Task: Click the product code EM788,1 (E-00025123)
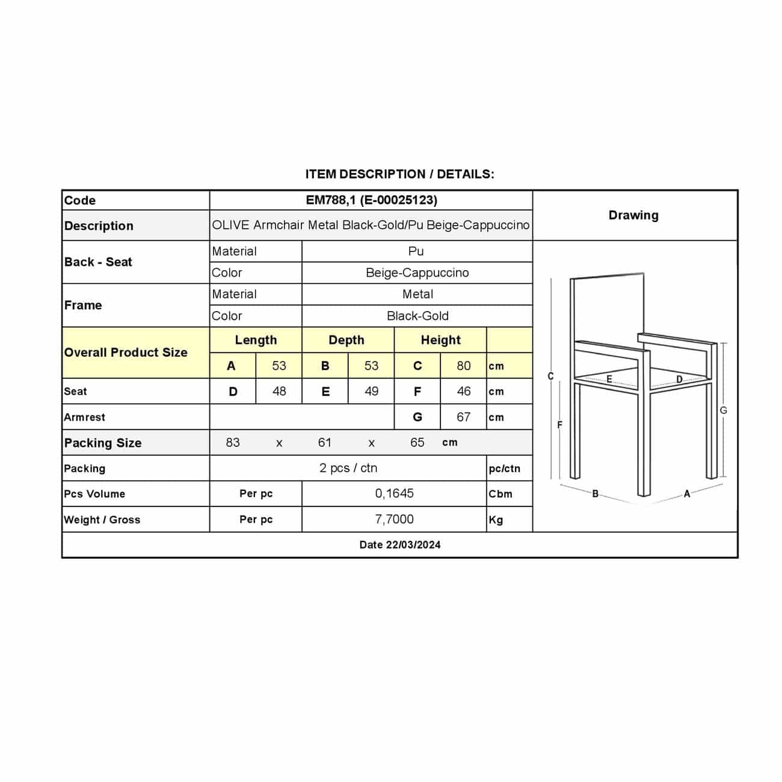(x=371, y=200)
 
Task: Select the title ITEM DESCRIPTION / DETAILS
(x=399, y=174)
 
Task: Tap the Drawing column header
(x=633, y=215)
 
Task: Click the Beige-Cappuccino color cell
(x=417, y=272)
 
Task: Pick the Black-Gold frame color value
(x=417, y=316)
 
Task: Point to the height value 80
(x=463, y=366)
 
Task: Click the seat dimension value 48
(x=279, y=392)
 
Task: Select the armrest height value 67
(x=463, y=417)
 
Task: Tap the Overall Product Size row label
(x=126, y=353)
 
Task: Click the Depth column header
(x=346, y=340)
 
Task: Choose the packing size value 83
(x=233, y=443)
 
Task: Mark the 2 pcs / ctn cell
(x=348, y=468)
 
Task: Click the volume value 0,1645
(x=394, y=493)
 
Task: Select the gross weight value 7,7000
(x=394, y=519)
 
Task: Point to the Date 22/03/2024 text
(x=400, y=545)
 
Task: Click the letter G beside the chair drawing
(x=723, y=410)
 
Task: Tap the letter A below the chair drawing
(x=687, y=494)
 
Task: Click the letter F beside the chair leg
(x=559, y=425)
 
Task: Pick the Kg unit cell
(x=496, y=520)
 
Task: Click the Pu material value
(x=416, y=251)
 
